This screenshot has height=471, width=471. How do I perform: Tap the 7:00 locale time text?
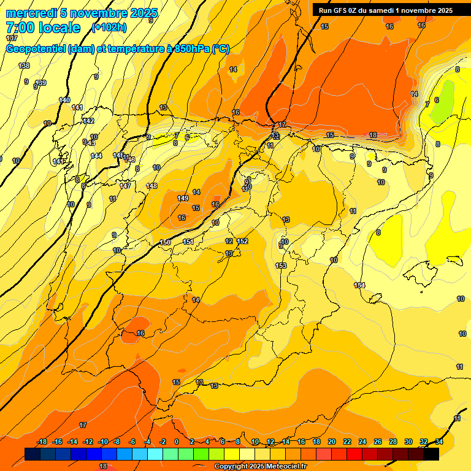point(43,28)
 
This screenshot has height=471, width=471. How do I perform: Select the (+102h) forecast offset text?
point(109,27)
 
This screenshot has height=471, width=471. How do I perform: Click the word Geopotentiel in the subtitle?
point(34,49)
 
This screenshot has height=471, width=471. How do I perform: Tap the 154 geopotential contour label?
point(359,285)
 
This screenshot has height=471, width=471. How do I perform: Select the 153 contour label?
point(281,266)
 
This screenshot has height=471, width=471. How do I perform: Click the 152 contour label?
point(242,241)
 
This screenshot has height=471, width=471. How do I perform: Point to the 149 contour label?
point(183,198)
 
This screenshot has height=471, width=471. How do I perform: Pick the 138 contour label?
point(24,66)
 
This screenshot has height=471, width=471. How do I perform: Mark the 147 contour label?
point(125,186)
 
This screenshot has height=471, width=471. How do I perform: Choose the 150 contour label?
point(165,242)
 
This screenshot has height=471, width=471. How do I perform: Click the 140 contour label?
point(64,100)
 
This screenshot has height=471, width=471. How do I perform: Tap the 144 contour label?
point(96,156)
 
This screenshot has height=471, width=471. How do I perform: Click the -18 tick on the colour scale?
point(42,442)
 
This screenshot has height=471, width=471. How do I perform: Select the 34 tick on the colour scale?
point(439,442)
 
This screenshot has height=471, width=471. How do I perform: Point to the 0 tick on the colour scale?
point(177,442)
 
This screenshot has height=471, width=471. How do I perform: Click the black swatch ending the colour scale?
point(431,454)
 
